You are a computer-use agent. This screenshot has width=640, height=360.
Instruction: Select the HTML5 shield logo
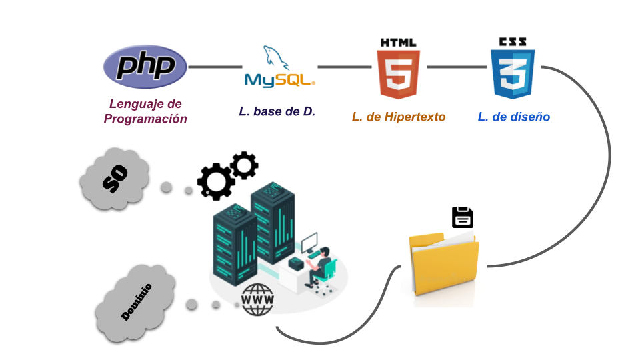(x=399, y=69)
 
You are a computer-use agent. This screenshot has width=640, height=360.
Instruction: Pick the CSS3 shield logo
(x=513, y=69)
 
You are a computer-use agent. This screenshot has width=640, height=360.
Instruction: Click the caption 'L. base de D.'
(x=277, y=112)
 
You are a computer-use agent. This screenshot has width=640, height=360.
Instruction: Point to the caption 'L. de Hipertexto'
(x=399, y=117)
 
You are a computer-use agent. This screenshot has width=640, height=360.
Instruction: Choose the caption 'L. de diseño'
(x=514, y=117)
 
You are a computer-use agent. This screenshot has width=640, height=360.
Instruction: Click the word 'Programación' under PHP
(x=145, y=119)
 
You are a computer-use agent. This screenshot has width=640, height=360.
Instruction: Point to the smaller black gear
(x=244, y=165)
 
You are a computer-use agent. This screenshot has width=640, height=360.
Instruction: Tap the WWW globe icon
(x=257, y=300)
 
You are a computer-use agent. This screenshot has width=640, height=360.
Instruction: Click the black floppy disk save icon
(x=463, y=218)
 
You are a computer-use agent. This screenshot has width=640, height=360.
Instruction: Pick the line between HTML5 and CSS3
(x=457, y=67)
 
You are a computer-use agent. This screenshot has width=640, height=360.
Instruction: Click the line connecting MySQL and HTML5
(x=344, y=67)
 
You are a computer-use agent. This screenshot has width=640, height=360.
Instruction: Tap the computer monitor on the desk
(x=310, y=243)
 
